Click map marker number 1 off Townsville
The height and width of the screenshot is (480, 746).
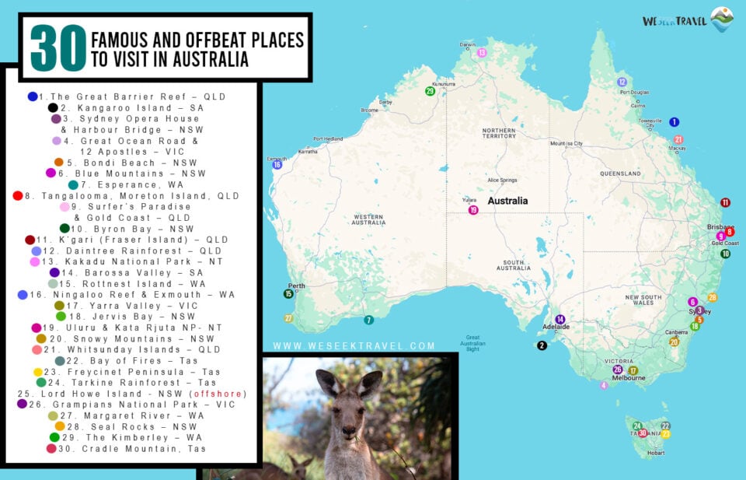click(x=674, y=122)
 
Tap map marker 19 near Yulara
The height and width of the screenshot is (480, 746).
click(x=472, y=210)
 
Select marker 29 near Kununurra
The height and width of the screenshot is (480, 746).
click(x=430, y=91)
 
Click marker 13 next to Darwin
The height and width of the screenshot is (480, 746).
click(x=482, y=53)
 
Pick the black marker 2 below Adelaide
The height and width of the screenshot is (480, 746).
click(x=542, y=345)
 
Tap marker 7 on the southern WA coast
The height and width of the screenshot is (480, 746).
click(x=368, y=320)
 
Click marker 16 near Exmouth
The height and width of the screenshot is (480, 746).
click(x=276, y=164)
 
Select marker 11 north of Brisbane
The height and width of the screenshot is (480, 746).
click(x=725, y=202)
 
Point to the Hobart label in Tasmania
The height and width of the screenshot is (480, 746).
click(x=656, y=453)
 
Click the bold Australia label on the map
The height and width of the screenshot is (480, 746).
click(x=507, y=201)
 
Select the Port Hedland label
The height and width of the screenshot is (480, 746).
click(x=328, y=139)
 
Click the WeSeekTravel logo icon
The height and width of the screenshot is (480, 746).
click(x=722, y=19)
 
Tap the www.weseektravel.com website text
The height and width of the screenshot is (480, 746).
click(x=354, y=346)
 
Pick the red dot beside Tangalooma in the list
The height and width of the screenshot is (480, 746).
click(x=18, y=196)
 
